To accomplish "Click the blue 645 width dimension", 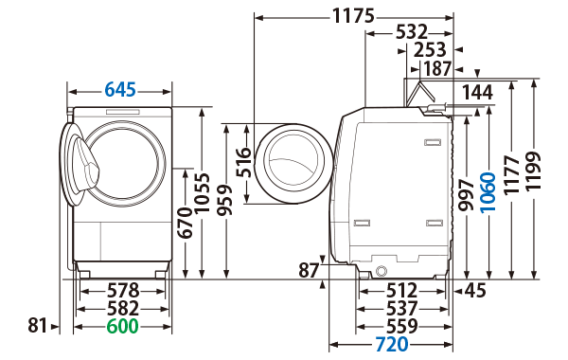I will (120, 90).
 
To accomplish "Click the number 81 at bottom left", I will (37, 326).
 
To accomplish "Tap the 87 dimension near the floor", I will (309, 270).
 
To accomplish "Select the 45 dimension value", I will (473, 290).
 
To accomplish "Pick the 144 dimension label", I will (479, 92).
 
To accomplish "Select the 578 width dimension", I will (121, 290).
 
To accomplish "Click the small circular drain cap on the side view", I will (382, 271).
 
